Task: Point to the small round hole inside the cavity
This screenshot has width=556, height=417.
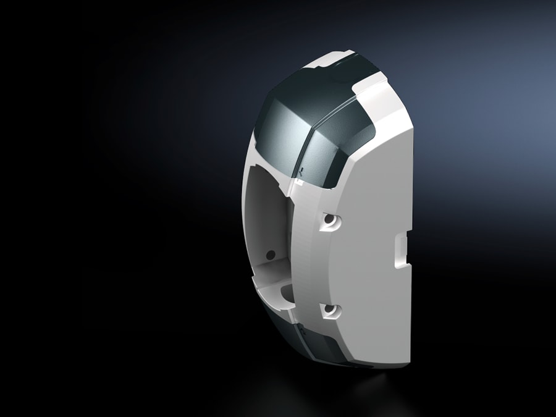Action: point(270,253)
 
